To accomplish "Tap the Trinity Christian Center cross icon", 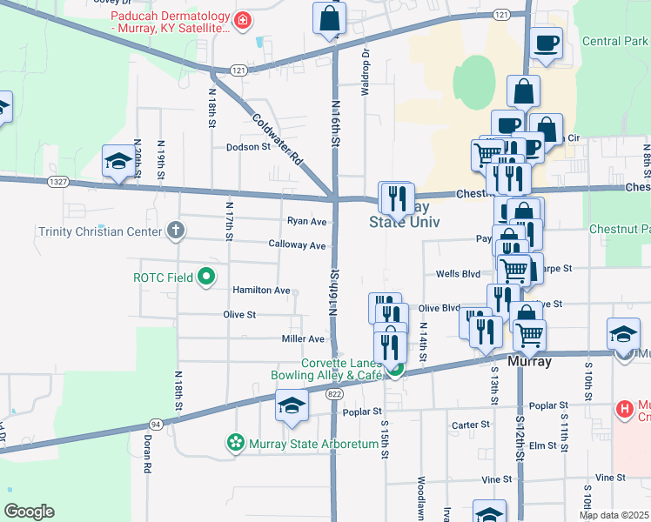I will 176,231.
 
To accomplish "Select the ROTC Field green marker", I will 206,278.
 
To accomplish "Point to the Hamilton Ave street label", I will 261,290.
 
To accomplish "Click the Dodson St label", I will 249,147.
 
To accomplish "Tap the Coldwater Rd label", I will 277,139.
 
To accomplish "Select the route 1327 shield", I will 59,181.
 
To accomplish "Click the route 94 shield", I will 157,424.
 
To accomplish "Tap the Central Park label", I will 614,41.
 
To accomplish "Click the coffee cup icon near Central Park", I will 546,42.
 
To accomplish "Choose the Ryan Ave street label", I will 306,221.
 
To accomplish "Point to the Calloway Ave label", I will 297,245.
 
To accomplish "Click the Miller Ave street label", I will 303,338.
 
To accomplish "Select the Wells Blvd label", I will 459,273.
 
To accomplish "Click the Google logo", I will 29,512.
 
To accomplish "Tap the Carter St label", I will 469,425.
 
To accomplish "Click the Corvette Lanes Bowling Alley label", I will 342,369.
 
